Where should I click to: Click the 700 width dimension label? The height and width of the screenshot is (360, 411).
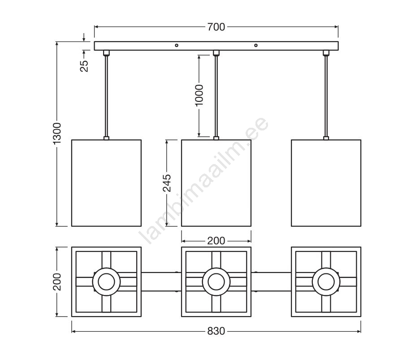[216, 27]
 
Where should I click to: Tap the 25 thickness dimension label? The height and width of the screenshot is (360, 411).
[84, 66]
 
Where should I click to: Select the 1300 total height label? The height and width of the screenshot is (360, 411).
[57, 133]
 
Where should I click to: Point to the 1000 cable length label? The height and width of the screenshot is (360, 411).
[199, 95]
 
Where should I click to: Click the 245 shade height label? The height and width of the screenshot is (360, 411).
[167, 183]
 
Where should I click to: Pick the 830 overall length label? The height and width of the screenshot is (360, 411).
[216, 331]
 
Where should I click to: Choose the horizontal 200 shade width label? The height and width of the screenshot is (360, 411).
[216, 241]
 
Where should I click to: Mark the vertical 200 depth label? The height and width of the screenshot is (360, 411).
[57, 282]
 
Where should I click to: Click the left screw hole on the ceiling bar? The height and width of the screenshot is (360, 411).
[177, 45]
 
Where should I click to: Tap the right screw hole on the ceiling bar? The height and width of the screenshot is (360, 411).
[256, 45]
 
